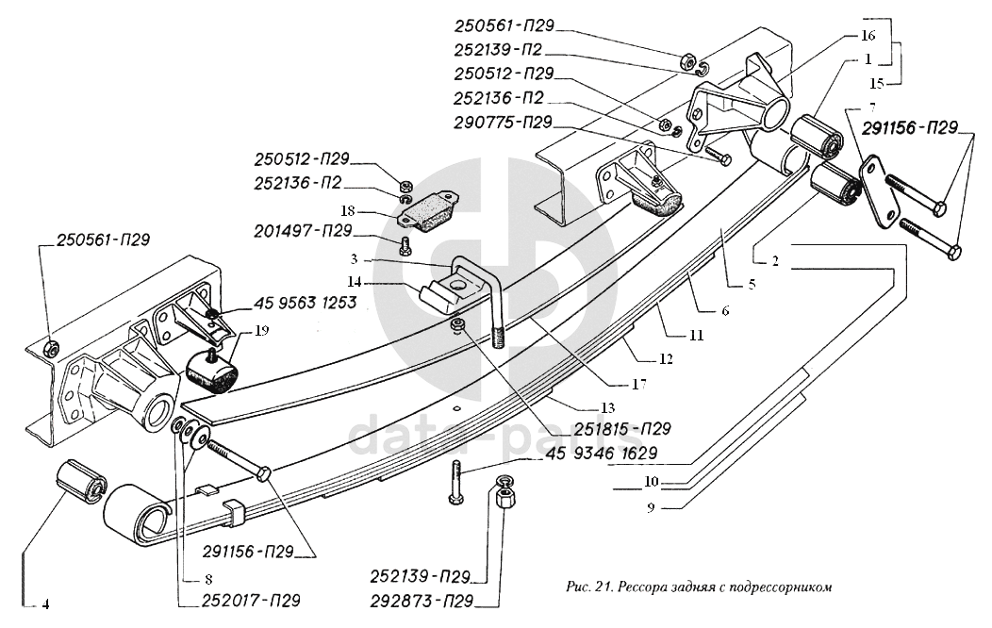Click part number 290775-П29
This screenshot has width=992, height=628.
point(503,122)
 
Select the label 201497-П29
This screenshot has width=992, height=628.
point(303,231)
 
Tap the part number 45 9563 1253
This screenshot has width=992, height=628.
point(305,303)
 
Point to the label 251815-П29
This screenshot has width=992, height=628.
point(622,429)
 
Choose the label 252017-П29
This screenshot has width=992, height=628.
point(251,600)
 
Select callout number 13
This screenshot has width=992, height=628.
point(608,407)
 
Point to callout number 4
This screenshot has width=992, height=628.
point(45,605)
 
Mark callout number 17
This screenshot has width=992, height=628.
point(638,384)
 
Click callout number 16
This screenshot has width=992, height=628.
point(868,35)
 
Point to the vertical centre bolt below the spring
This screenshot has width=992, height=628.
point(455,483)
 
